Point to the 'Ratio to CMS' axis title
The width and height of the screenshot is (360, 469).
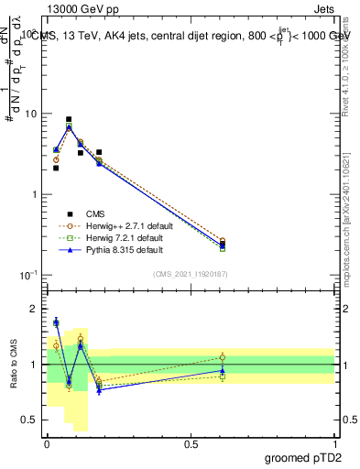tap(13, 365)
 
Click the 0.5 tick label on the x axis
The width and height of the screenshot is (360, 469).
tap(191, 444)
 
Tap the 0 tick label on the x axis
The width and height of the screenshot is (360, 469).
tap(47, 444)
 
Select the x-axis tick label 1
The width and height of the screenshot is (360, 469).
tap(334, 444)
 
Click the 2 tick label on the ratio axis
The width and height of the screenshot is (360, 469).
tap(35, 309)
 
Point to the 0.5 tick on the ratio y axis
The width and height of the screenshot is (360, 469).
tap(31, 420)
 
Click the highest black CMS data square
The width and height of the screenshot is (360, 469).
tap(69, 119)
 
